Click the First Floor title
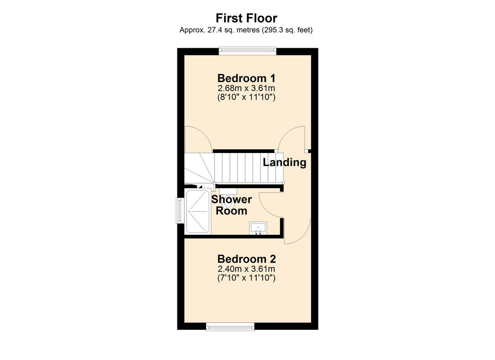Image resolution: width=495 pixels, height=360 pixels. tap(246, 18)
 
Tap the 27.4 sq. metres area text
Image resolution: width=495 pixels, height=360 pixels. tap(246, 30)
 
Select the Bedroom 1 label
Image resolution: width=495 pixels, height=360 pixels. tap(246, 78)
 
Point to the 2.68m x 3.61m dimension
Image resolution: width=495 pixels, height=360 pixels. tap(246, 88)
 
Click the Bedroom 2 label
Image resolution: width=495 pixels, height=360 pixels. tap(246, 259)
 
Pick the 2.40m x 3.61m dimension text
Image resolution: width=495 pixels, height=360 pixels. tap(246, 269)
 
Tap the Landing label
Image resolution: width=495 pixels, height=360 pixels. tap(285, 162)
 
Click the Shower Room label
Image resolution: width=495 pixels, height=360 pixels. tap(231, 205)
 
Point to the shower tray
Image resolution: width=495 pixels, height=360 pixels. tap(198, 212)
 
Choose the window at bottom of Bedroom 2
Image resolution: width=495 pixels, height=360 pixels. tap(230, 327)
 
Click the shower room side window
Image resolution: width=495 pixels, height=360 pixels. tap(180, 211)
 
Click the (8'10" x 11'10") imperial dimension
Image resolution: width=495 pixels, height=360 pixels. tap(246, 98)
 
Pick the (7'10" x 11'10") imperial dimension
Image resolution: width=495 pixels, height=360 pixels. tap(246, 278)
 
